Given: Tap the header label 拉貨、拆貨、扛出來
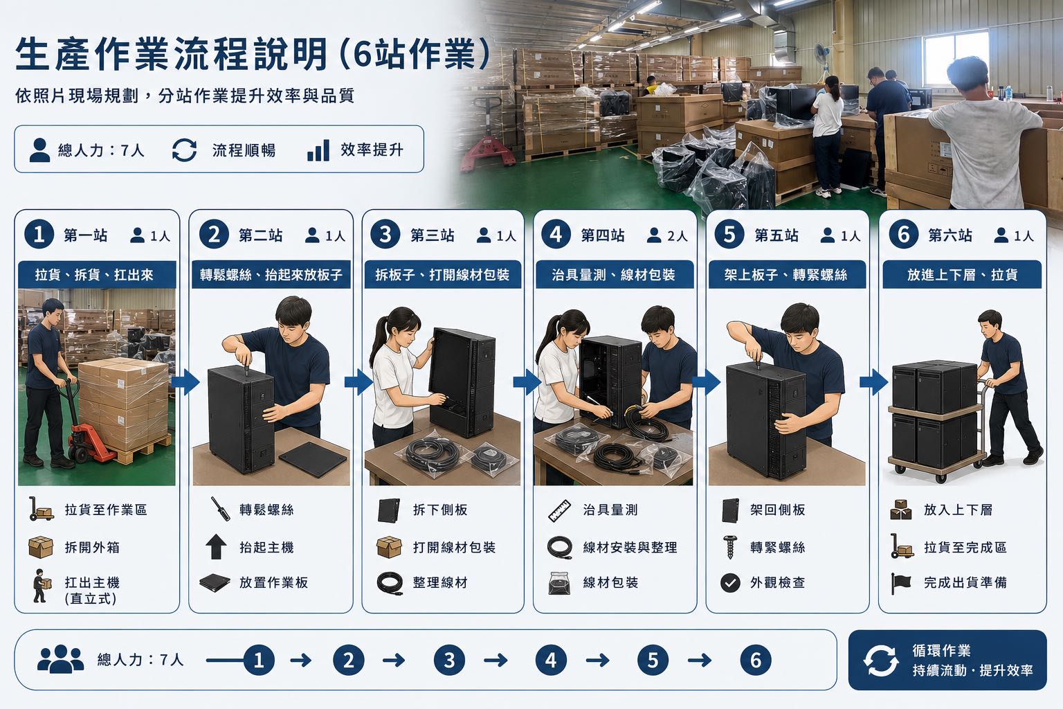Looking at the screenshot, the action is [94, 274].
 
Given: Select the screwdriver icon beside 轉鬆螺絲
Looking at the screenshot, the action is [220, 509].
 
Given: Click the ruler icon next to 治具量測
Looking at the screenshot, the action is [559, 510].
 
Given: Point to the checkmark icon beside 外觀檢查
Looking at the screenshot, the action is [730, 583].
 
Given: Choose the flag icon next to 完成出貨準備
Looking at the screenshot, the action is [900, 583].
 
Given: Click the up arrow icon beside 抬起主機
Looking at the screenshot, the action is [216, 546].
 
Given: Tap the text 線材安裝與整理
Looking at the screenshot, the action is [630, 548].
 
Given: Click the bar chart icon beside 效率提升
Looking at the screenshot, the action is [318, 150].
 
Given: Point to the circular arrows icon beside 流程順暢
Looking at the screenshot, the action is [184, 150].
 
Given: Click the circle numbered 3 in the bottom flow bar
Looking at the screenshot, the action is [449, 660].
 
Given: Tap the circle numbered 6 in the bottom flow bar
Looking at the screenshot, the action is [756, 660].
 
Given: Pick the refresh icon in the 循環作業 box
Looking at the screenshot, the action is [880, 660].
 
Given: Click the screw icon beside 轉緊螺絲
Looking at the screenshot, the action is [730, 547].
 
